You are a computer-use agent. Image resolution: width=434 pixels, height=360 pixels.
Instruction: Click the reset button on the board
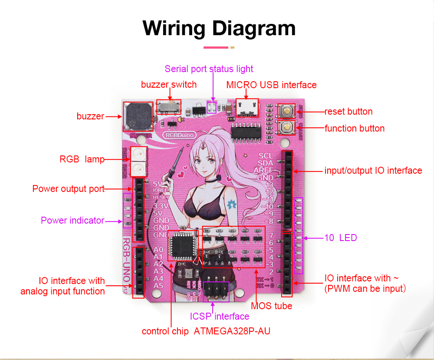pyautogui.click(x=286, y=111)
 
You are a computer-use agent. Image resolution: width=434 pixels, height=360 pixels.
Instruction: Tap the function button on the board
pyautogui.click(x=286, y=128)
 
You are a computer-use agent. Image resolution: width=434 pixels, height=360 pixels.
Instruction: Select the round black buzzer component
pyautogui.click(x=138, y=116)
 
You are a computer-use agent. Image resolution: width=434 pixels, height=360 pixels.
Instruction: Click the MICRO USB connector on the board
pyautogui.click(x=247, y=108)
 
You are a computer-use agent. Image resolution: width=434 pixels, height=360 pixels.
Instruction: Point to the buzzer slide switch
pyautogui.click(x=169, y=106)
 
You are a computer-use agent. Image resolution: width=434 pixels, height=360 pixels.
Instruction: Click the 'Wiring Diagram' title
pyautogui.click(x=219, y=28)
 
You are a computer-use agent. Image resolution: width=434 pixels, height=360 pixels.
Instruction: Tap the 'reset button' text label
pyautogui.click(x=349, y=112)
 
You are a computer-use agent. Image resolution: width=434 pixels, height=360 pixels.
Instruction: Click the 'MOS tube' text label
pyautogui.click(x=272, y=306)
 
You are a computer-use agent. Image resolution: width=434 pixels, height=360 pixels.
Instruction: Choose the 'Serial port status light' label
pyautogui.click(x=209, y=69)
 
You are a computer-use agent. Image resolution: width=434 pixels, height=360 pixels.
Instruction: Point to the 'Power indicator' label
pyautogui.click(x=72, y=221)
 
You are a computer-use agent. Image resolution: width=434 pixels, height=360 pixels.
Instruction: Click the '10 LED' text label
pyautogui.click(x=341, y=238)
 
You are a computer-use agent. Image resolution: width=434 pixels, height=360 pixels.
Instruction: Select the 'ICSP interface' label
pyautogui.click(x=220, y=317)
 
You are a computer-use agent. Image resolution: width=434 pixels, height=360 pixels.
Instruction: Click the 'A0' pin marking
pyautogui.click(x=158, y=250)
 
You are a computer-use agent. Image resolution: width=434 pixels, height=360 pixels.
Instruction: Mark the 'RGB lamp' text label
pyautogui.click(x=82, y=159)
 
